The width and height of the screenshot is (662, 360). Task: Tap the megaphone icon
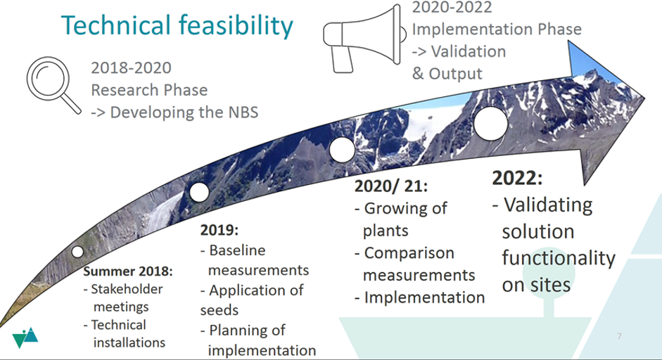point(364,39)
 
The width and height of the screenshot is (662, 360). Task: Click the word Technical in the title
point(115,25)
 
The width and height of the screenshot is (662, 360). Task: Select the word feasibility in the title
point(236,26)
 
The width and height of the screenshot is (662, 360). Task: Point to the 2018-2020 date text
point(132,67)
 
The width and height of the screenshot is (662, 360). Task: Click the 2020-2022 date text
point(452,7)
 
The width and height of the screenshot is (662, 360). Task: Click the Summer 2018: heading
point(128,271)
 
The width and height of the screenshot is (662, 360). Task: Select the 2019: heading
point(219,230)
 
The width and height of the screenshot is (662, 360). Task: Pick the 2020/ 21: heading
point(391,186)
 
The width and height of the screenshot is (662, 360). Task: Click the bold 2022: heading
point(517,178)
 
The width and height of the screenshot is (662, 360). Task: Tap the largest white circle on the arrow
point(490,124)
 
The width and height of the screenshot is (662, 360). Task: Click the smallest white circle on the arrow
point(77,252)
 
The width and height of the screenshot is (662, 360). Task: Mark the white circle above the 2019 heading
point(199,193)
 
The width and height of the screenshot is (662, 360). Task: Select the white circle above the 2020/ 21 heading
point(342,150)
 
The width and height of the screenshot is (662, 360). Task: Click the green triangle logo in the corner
point(25,337)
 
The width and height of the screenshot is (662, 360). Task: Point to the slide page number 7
point(619,336)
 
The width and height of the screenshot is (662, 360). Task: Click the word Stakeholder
point(127,289)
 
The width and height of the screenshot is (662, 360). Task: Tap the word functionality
point(559,258)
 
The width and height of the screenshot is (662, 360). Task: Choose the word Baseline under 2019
point(237,250)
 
